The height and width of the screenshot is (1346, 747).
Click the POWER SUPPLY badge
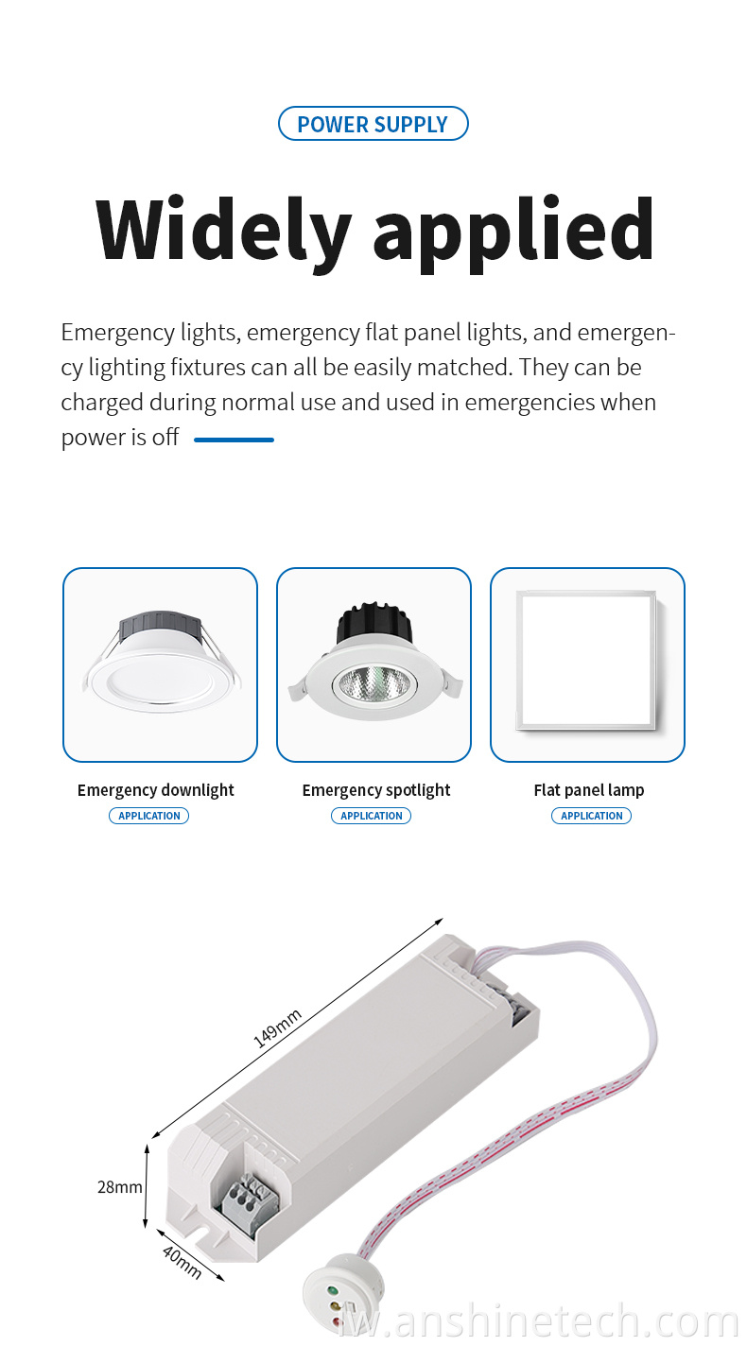click(x=373, y=124)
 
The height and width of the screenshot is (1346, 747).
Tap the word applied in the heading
click(x=513, y=234)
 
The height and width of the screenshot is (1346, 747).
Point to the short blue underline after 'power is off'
click(x=234, y=440)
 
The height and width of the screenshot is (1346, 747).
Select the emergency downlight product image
click(x=161, y=661)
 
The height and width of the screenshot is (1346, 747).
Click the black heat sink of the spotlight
click(x=373, y=623)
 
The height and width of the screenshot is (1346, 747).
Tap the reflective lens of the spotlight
click(x=374, y=684)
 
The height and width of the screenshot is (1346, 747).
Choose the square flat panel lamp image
click(x=586, y=660)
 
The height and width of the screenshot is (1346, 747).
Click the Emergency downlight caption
click(x=156, y=790)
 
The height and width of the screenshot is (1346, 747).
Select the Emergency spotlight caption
click(x=376, y=790)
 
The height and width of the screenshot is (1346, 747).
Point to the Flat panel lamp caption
click(x=589, y=789)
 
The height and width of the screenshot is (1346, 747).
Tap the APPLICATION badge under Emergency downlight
click(x=149, y=816)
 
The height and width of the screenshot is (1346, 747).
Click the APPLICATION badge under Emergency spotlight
click(x=372, y=816)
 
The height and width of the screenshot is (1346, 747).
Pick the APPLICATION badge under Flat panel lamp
click(x=592, y=816)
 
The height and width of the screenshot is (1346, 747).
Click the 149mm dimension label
click(x=277, y=1028)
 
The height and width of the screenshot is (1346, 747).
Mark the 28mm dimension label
click(x=119, y=1187)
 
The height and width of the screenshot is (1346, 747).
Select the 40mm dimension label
click(x=182, y=1262)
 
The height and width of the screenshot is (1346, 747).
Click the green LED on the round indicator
click(x=331, y=1289)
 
